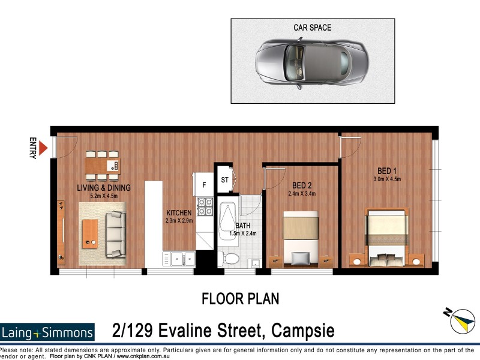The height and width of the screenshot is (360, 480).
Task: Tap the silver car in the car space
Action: [312, 64]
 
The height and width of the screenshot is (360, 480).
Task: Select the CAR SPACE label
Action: [312, 28]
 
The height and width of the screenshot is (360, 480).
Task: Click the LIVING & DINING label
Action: [103, 188]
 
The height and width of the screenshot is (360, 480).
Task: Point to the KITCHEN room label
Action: [179, 212]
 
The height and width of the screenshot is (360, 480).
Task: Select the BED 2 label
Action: [301, 185]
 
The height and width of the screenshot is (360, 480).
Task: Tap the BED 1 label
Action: [386, 170]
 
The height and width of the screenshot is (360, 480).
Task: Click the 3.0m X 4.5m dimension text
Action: [386, 178]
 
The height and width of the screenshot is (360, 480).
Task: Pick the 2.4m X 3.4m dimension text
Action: [301, 193]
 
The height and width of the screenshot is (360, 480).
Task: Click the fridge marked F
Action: [203, 184]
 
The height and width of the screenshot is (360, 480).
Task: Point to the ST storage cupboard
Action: [224, 179]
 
